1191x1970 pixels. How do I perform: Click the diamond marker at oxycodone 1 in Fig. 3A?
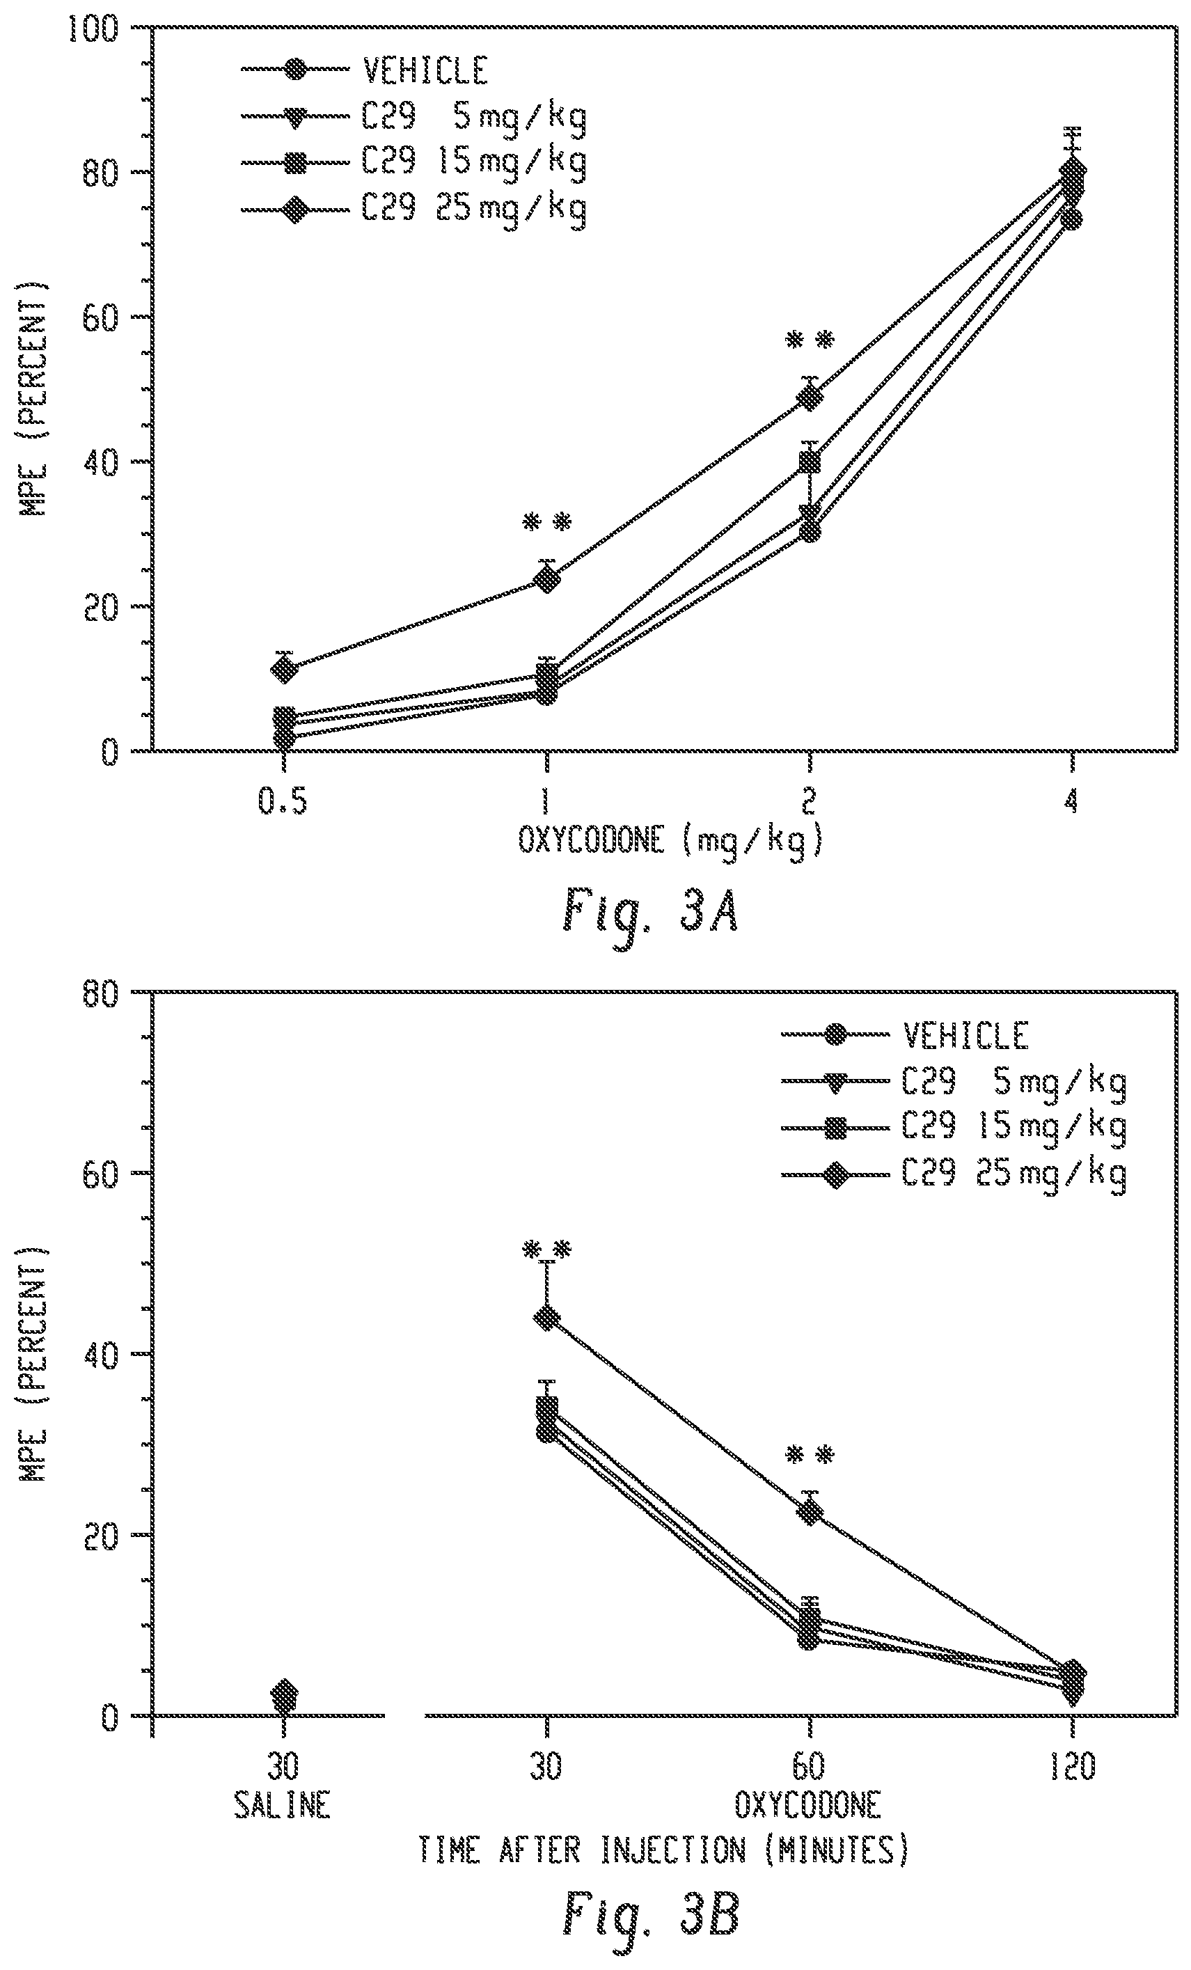tap(546, 579)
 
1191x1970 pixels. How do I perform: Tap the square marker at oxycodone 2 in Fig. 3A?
tap(810, 462)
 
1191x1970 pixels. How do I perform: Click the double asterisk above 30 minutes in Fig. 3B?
tap(546, 1250)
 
